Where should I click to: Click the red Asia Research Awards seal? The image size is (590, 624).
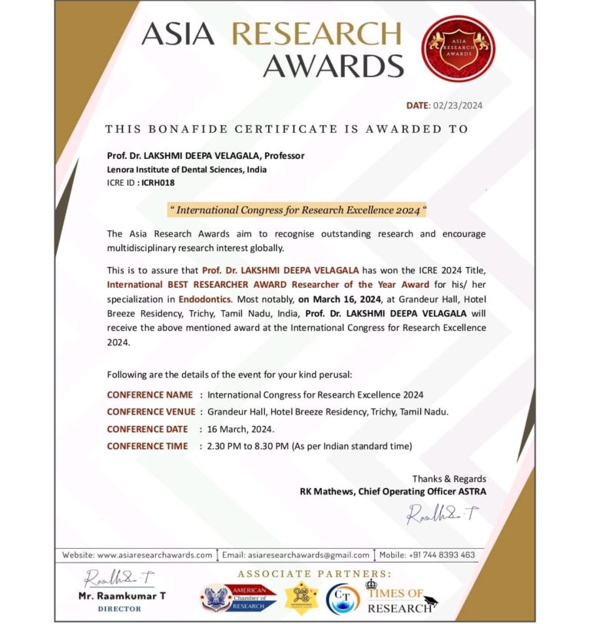pos(458,48)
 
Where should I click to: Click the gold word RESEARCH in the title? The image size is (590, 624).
pos(317,35)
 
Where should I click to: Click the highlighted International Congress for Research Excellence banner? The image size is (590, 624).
pos(297,209)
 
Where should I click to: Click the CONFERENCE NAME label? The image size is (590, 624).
pos(150,395)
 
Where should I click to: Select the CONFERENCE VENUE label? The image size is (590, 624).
pos(151,411)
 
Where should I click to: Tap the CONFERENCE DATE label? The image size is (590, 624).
pos(147,428)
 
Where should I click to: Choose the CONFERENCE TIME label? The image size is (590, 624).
pos(147,445)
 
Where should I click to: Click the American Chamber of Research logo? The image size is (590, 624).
pos(238,597)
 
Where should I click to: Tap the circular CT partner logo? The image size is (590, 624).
pos(343,598)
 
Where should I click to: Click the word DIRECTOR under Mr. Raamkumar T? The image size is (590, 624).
pos(120,609)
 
